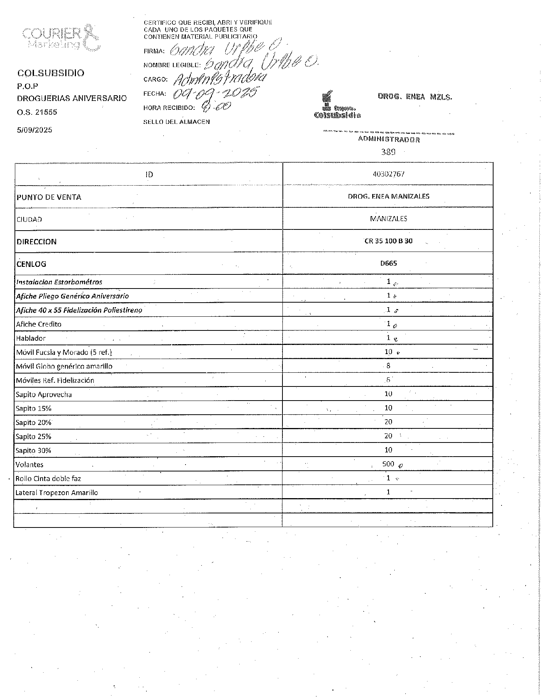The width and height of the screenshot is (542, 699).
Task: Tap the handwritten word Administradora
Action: tap(219, 79)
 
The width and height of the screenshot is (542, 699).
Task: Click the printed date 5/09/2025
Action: tap(34, 130)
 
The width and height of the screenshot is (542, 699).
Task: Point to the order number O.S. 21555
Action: tap(37, 112)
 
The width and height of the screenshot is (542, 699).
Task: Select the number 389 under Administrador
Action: tap(388, 152)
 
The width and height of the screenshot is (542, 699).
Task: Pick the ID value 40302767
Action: tap(388, 174)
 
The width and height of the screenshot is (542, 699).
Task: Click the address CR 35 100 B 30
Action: tap(388, 241)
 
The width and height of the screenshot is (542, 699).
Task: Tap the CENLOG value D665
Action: tap(388, 263)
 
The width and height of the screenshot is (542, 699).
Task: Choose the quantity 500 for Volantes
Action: tap(388, 464)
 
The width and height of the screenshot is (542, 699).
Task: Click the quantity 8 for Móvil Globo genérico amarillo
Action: tap(388, 366)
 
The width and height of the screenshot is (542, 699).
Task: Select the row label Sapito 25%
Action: tap(33, 437)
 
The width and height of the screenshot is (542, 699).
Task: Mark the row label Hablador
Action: tap(31, 338)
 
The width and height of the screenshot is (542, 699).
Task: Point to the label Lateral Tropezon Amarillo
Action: tap(56, 493)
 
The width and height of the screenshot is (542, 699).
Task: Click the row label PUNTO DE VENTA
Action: tap(49, 197)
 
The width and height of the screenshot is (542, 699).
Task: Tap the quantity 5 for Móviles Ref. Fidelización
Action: tap(388, 380)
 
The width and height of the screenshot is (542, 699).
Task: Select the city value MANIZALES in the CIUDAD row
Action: tap(388, 219)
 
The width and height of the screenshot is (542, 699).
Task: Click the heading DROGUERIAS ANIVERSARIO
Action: tap(72, 98)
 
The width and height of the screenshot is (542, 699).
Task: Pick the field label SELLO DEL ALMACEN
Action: tap(176, 122)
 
